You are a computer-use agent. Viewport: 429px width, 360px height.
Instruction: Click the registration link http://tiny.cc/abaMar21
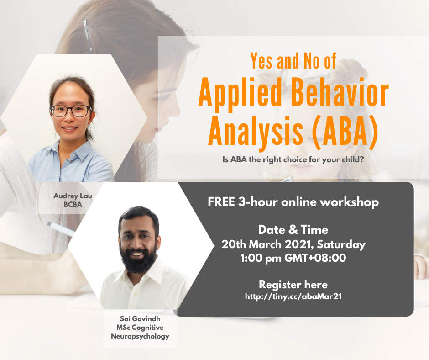tap(293, 296)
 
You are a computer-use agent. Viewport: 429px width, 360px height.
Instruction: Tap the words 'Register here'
tap(293, 285)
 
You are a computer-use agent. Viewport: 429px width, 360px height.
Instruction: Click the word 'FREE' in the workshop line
tap(221, 202)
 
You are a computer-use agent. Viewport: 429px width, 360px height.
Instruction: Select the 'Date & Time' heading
tap(293, 230)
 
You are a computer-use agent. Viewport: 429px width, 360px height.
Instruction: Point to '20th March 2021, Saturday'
tap(293, 244)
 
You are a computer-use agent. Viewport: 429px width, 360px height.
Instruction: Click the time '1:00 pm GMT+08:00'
tap(293, 258)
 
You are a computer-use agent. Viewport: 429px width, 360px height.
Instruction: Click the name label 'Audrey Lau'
tap(73, 196)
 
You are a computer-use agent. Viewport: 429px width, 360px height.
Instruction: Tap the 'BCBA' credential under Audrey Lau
tap(73, 204)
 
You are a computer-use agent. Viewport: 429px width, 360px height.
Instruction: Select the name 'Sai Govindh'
tap(140, 318)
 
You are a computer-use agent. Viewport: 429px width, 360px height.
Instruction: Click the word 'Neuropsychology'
tap(140, 336)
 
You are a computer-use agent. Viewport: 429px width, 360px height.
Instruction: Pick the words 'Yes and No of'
tap(293, 61)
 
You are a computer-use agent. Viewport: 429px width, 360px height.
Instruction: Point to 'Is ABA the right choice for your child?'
tap(293, 159)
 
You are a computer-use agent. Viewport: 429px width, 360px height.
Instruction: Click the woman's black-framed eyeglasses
tap(71, 111)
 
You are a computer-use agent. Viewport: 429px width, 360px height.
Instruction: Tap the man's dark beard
tap(139, 259)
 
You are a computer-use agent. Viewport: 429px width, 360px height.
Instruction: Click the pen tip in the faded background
tap(49, 224)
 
